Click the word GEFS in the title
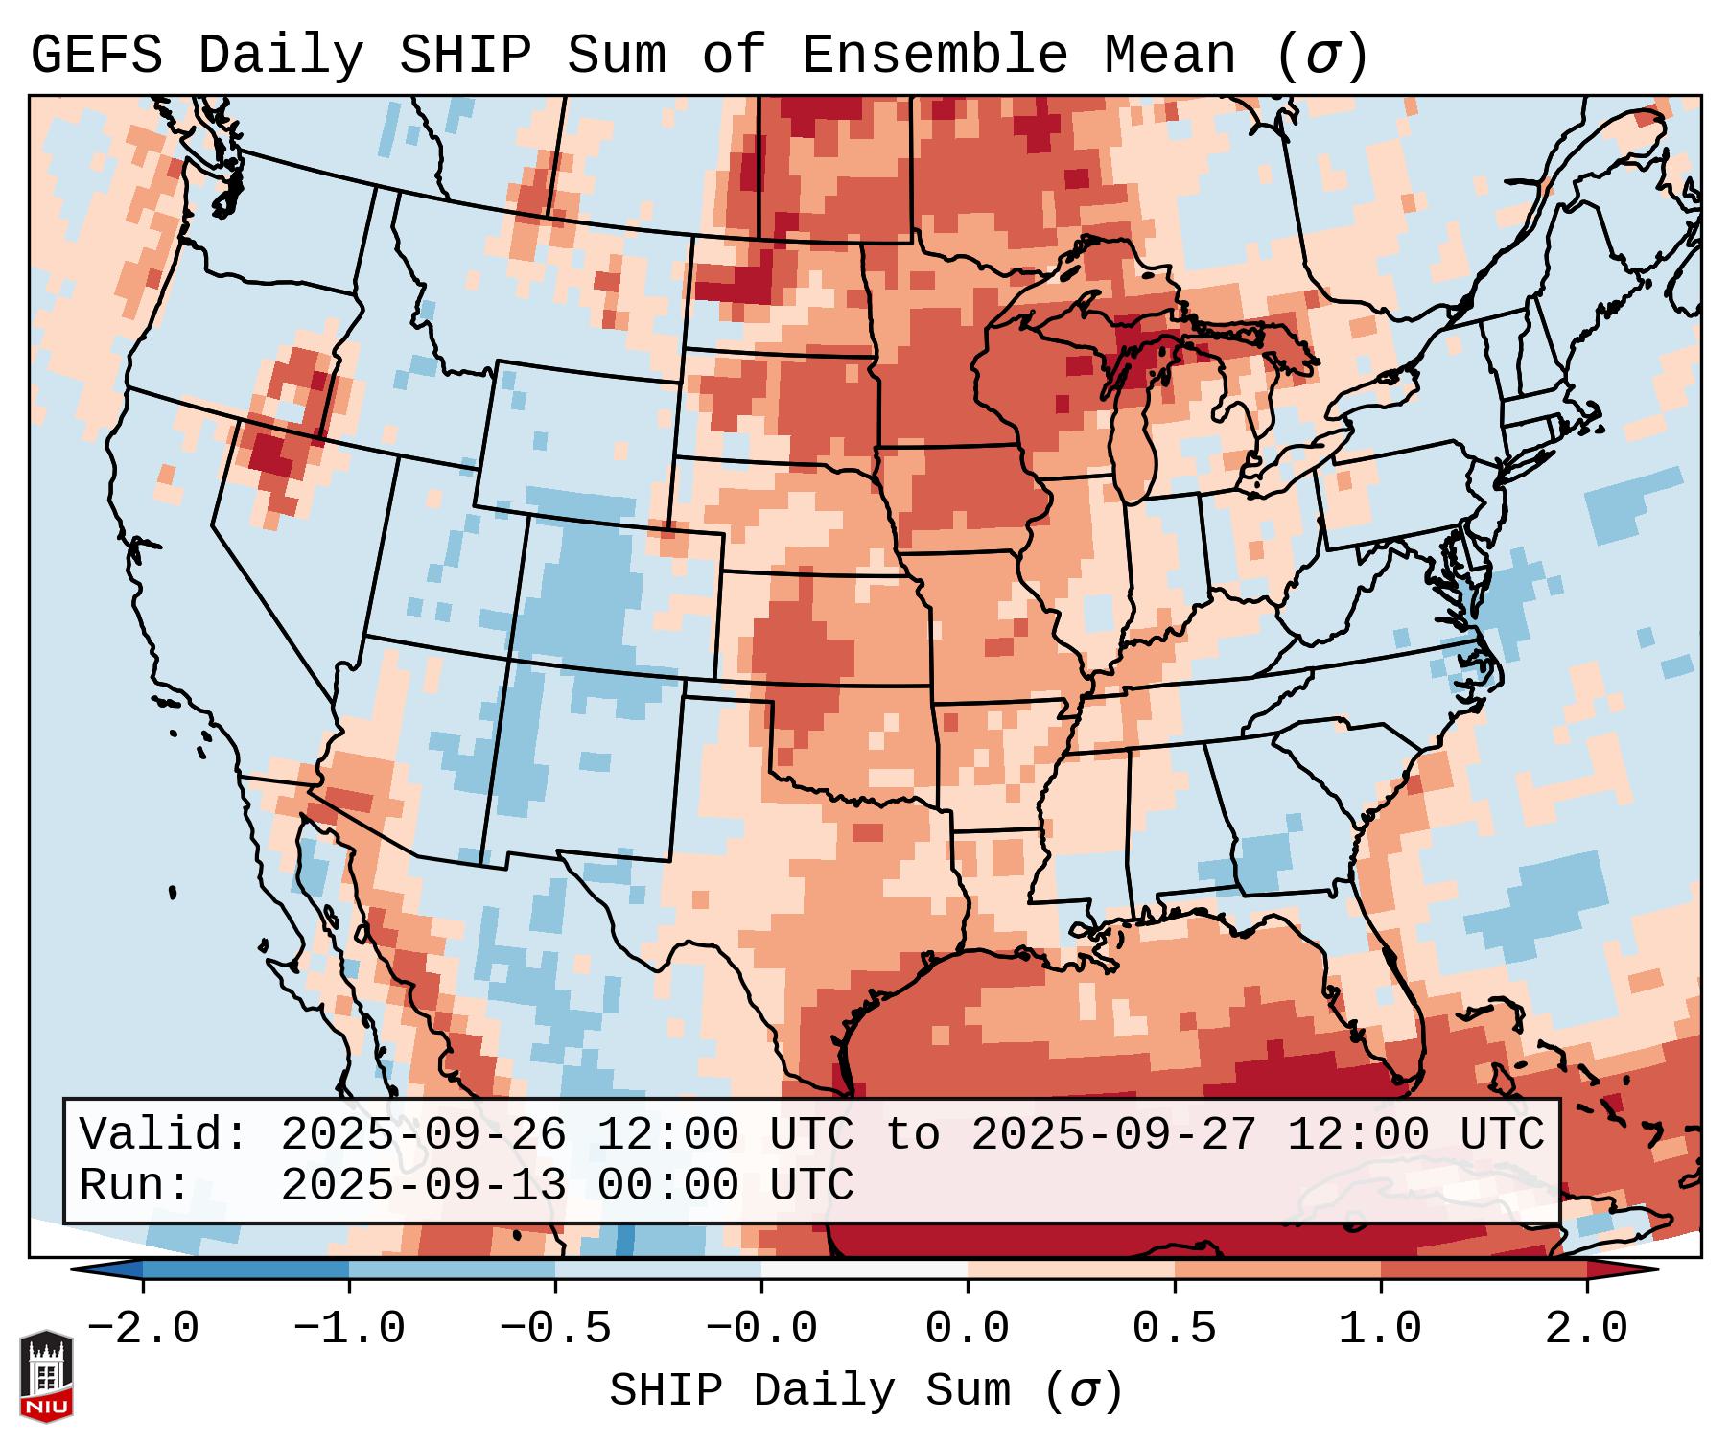tap(96, 56)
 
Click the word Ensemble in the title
tap(934, 56)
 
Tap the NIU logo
tap(46, 1376)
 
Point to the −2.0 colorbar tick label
tap(143, 1329)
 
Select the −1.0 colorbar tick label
tap(349, 1329)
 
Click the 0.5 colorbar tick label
tap(1174, 1329)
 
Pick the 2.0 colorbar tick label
tap(1586, 1329)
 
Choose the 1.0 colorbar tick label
tap(1380, 1329)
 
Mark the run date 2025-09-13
tap(423, 1186)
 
